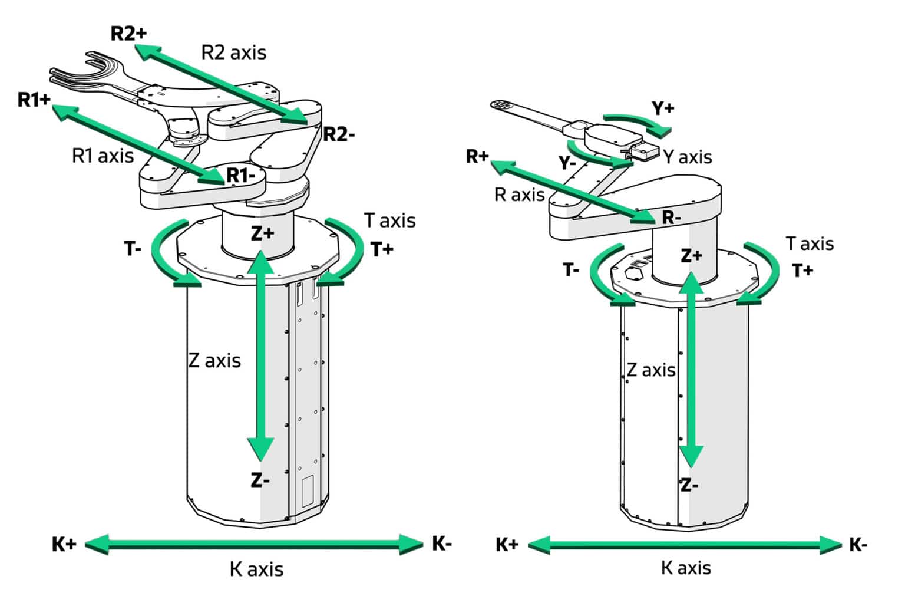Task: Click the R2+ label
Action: click(128, 34)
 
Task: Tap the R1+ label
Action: click(34, 100)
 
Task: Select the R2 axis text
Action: click(234, 53)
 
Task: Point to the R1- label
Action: click(241, 176)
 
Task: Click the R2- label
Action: click(339, 134)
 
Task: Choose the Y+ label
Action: click(663, 108)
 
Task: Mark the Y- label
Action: click(567, 163)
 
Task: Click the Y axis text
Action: click(687, 157)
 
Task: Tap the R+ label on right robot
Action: click(477, 156)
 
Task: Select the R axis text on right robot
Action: click(520, 195)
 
